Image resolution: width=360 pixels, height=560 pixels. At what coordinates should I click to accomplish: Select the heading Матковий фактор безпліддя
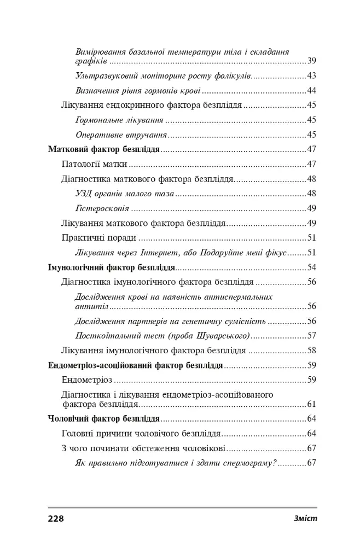tap(104, 149)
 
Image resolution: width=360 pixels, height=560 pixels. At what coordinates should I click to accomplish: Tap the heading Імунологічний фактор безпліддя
tap(112, 268)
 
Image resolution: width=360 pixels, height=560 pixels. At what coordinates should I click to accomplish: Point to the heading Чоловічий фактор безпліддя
tap(104, 419)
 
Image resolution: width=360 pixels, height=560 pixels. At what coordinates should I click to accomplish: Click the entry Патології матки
tap(95, 164)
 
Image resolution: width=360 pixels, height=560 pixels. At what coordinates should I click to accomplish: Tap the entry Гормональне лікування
tap(119, 120)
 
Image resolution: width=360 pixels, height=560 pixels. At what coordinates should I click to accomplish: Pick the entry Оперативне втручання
tap(120, 135)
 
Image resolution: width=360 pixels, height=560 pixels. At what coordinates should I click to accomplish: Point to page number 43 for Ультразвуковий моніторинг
tap(312, 76)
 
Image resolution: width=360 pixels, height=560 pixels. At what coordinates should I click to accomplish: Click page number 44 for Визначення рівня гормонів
tap(312, 91)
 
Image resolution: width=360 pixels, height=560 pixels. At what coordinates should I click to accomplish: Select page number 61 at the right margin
tap(312, 405)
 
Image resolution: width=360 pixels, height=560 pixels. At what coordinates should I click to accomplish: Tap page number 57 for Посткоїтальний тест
tap(312, 335)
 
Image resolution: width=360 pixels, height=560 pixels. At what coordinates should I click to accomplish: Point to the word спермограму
tap(252, 464)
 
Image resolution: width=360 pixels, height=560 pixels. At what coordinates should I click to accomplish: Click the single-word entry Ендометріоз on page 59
tap(88, 380)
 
